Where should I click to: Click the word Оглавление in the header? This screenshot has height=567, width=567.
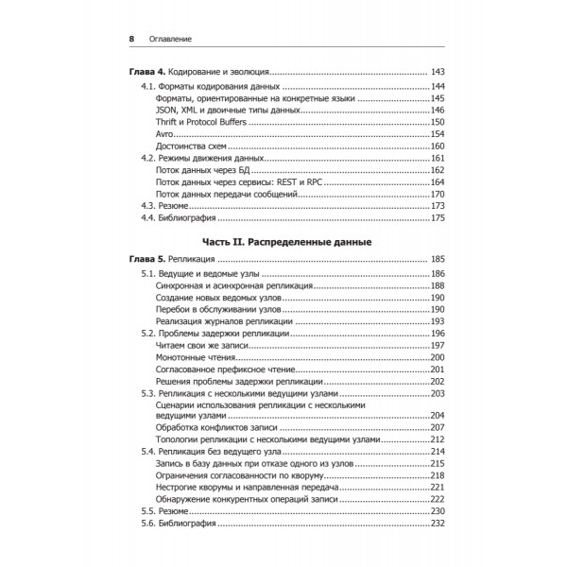(171, 39)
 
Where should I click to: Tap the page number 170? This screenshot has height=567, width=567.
(438, 194)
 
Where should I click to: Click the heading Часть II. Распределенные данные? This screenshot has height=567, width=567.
(284, 241)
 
